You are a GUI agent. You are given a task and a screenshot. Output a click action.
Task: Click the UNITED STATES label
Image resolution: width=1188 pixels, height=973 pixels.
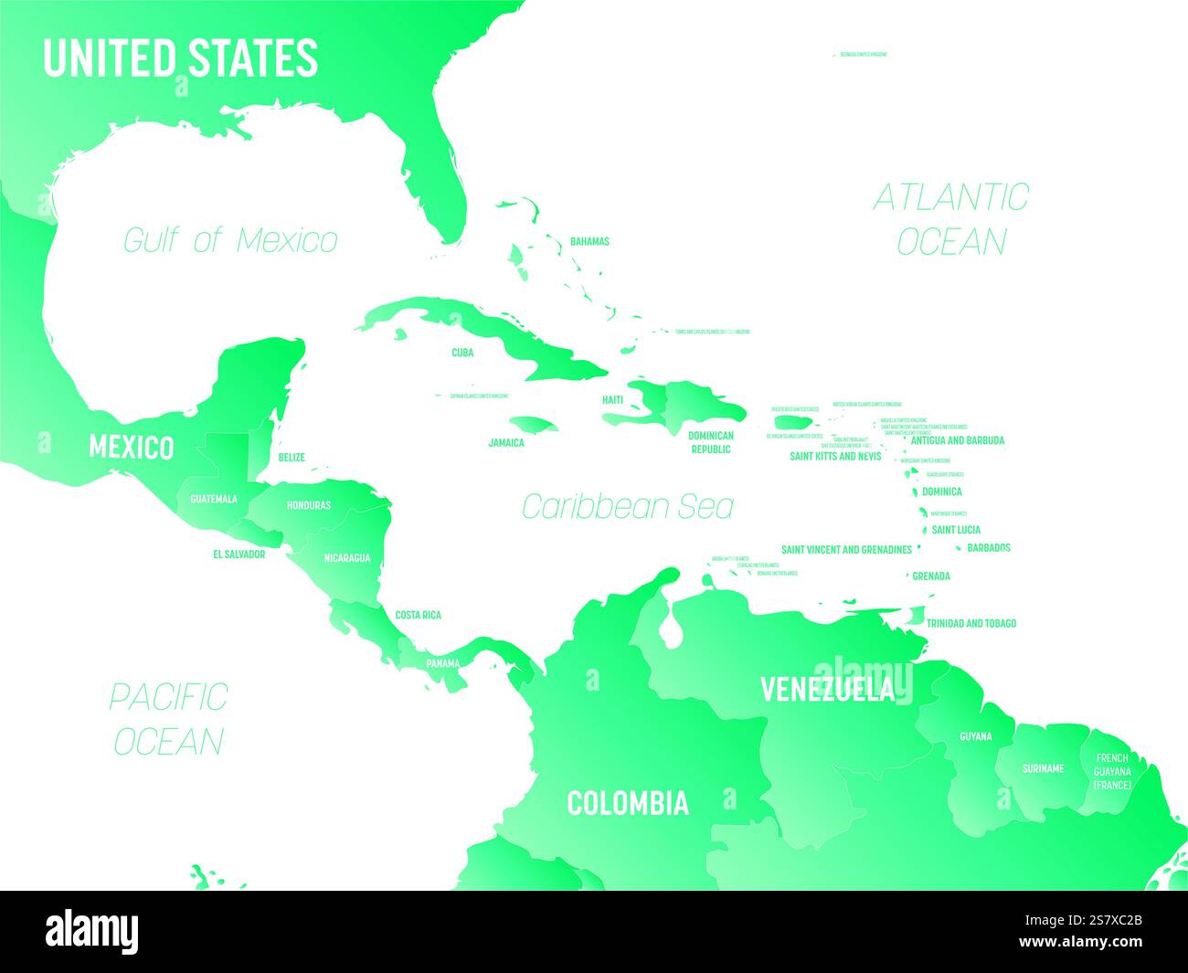tap(180, 58)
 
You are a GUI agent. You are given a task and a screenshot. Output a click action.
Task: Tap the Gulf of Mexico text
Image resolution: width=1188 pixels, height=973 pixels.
tap(230, 240)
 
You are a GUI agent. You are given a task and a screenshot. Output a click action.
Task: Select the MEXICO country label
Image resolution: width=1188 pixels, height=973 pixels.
tap(131, 448)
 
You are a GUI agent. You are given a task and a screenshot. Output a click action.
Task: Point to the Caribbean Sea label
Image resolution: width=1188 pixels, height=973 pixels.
tap(627, 506)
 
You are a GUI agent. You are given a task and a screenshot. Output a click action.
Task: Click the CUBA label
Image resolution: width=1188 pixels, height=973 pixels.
tap(461, 352)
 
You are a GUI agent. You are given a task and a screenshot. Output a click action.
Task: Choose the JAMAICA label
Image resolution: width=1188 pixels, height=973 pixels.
tap(506, 442)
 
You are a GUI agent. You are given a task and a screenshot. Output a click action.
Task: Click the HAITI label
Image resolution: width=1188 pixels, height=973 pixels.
tap(612, 400)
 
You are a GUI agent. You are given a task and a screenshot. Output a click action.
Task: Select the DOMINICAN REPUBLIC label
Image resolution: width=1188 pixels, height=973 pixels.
tap(711, 442)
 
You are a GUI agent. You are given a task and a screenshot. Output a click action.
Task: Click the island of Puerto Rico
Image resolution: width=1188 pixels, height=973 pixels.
tap(793, 422)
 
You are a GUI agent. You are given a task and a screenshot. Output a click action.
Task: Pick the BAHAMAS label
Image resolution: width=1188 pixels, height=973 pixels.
tap(589, 242)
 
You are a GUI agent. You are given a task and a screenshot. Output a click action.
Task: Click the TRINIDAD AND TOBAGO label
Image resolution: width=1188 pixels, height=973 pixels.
tap(971, 623)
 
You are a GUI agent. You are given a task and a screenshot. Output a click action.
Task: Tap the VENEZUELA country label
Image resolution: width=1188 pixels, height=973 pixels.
tap(827, 690)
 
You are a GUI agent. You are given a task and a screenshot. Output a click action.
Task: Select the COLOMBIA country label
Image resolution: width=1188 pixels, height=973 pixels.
tap(628, 803)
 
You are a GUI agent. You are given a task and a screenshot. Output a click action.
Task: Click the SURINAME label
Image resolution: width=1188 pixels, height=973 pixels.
tap(1043, 768)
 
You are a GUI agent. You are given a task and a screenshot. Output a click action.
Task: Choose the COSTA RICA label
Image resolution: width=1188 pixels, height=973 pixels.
tap(418, 615)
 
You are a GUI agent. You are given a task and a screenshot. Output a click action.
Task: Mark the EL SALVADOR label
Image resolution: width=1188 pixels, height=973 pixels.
tap(239, 555)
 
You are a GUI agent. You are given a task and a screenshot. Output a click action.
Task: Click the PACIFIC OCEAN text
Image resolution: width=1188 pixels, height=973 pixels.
tap(168, 718)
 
